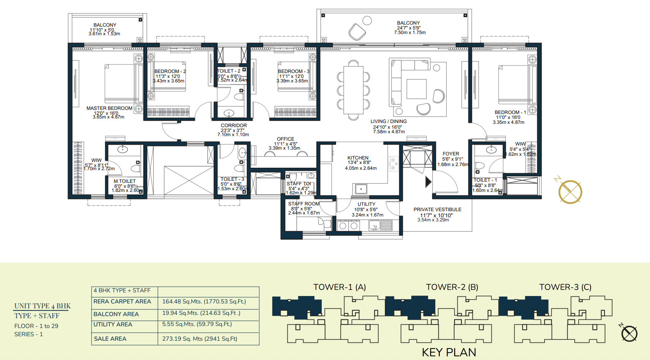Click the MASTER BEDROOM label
click(x=109, y=108)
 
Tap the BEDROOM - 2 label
click(x=170, y=71)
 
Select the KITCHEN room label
click(x=358, y=158)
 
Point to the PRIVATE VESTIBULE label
click(x=437, y=210)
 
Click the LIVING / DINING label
click(x=389, y=121)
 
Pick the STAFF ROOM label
click(x=304, y=204)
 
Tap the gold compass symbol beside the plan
click(x=570, y=191)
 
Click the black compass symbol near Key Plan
click(x=629, y=333)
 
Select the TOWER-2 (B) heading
click(x=452, y=287)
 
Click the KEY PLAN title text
click(x=449, y=352)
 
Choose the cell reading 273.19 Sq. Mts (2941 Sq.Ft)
click(x=200, y=339)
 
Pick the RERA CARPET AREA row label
click(x=122, y=301)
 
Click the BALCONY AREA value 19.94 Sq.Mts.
click(x=201, y=313)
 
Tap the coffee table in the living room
click(x=416, y=89)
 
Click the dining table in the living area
click(x=353, y=90)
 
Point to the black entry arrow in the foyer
click(x=428, y=182)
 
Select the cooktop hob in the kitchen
click(x=393, y=163)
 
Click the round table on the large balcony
click(x=367, y=21)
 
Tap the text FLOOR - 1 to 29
click(x=36, y=326)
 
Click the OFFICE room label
click(x=285, y=139)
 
